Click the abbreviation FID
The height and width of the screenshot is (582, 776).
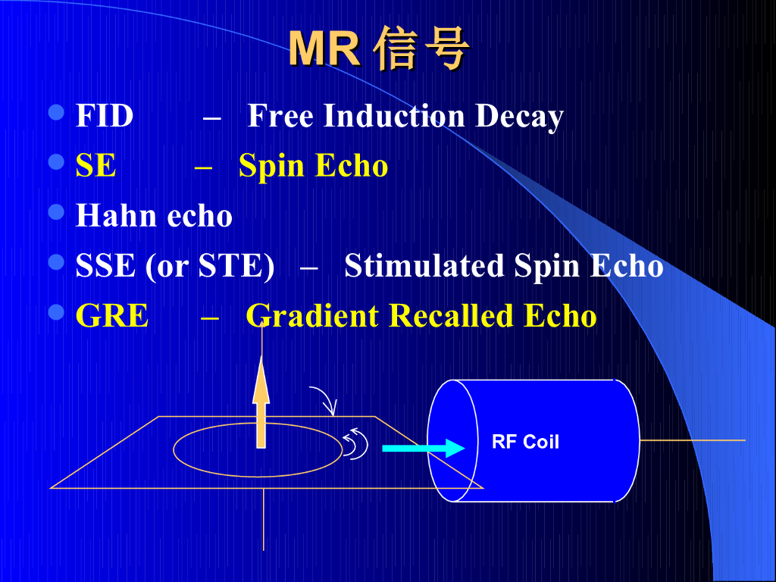(x=105, y=117)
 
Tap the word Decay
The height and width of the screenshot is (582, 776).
(x=519, y=117)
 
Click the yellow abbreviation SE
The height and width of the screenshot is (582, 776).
(x=96, y=166)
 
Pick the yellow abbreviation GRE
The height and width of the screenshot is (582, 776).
(x=112, y=316)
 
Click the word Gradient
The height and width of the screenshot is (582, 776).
(x=313, y=316)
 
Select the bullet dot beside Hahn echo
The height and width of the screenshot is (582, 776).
(x=57, y=211)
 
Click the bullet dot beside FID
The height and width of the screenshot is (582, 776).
(x=57, y=113)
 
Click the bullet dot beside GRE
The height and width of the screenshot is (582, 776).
(x=57, y=311)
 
